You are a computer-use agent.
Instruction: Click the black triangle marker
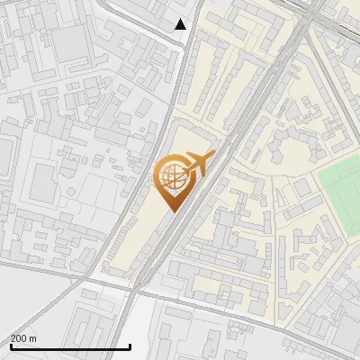tap(181, 24)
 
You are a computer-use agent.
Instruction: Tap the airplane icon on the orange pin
tap(197, 164)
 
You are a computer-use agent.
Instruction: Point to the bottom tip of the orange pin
tap(172, 211)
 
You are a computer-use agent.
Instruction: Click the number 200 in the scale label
tap(20, 338)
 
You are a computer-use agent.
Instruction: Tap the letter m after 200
tap(33, 338)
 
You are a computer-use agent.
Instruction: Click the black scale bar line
tap(70, 346)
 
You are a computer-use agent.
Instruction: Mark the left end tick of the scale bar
tap(11, 345)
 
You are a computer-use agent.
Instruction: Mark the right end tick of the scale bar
tap(130, 345)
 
